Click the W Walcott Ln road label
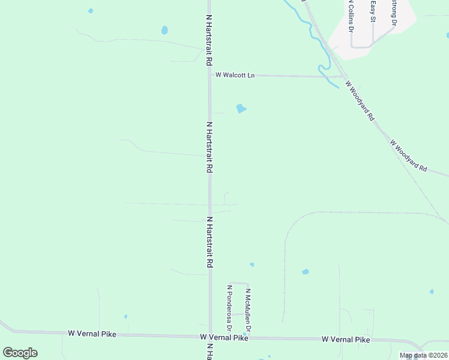[x=235, y=75]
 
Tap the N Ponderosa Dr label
[x=229, y=308]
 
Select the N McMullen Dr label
[x=247, y=311]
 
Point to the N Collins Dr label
[x=349, y=16]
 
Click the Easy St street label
[x=373, y=13]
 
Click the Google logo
[x=20, y=353]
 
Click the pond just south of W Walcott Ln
[x=241, y=109]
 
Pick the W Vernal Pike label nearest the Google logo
[x=92, y=333]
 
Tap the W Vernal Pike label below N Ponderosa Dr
[x=224, y=338]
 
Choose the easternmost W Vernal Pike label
[x=346, y=340]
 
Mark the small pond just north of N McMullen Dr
[x=252, y=265]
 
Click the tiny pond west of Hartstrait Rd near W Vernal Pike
[x=125, y=316]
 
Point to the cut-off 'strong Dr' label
[x=394, y=13]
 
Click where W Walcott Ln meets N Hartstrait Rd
[x=209, y=76]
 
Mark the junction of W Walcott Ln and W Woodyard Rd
[x=344, y=77]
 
